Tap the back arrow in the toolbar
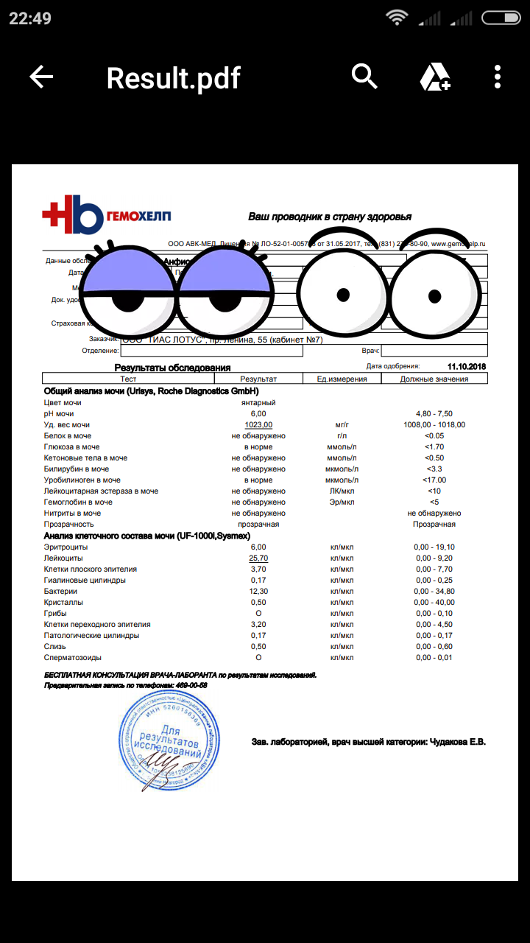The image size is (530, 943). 41,77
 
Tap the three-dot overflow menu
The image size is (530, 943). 498,77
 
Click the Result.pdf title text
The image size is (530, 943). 174,77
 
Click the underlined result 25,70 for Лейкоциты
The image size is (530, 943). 258,558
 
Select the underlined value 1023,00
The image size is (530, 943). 258,425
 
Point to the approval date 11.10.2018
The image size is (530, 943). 467,366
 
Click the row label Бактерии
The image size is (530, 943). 60,592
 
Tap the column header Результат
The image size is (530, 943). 258,379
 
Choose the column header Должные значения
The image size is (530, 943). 434,379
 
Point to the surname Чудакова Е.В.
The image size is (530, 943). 458,742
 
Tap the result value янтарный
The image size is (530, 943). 258,403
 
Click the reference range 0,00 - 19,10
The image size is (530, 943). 434,547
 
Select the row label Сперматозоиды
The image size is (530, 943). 72,658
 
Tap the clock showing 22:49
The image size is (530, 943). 30,18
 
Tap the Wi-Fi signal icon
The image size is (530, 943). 397,18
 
